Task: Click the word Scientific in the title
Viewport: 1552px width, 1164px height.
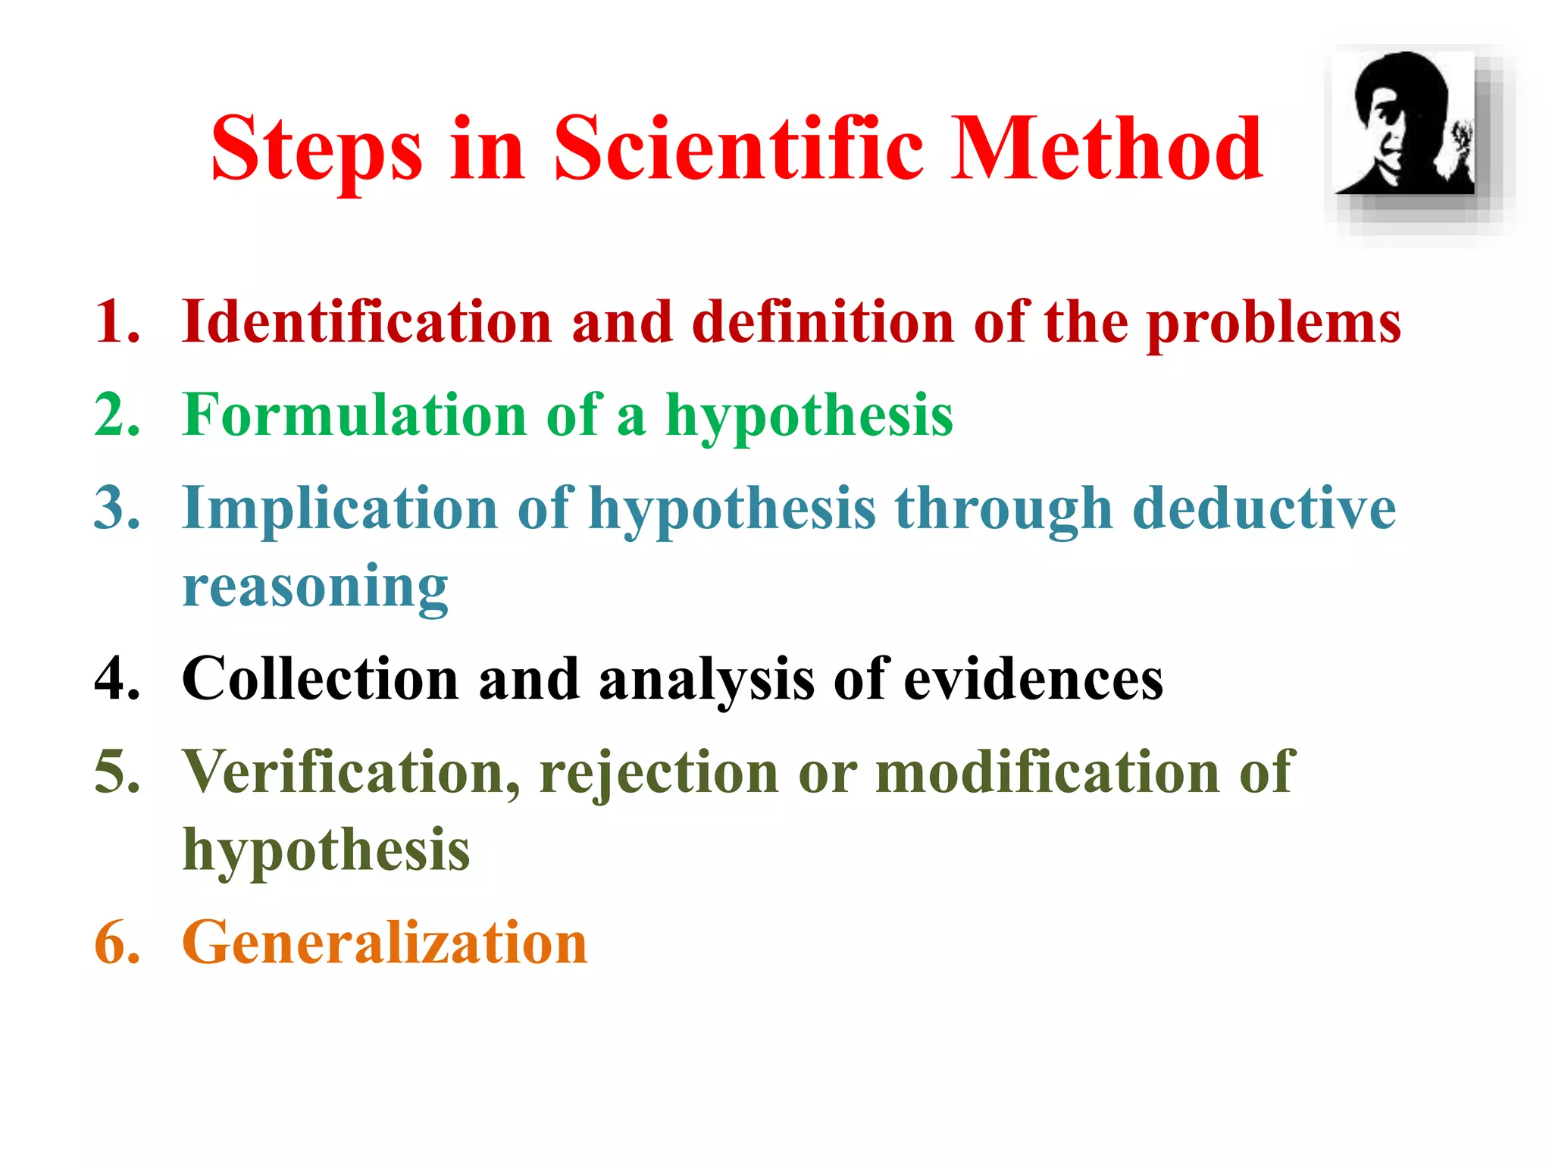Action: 738,149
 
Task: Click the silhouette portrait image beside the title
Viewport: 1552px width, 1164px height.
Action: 1404,124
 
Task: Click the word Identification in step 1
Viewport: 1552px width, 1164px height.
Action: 367,322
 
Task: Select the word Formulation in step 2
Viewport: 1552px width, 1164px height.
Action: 355,415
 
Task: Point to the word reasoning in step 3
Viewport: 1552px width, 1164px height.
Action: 315,588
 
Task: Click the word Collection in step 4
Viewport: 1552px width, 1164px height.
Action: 320,678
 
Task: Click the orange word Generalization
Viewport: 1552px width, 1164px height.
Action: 385,942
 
